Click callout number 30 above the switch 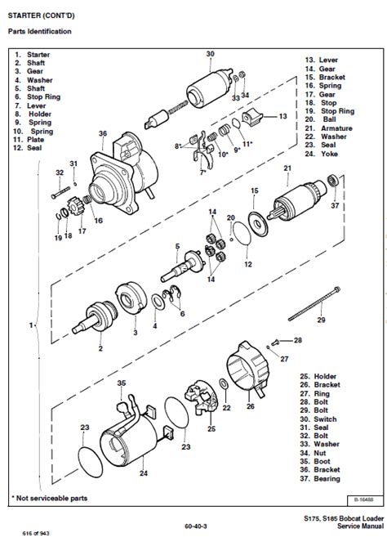coord(210,54)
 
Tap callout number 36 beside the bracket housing coord(103,134)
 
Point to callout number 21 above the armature coord(287,168)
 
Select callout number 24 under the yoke coord(143,472)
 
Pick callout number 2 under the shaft coord(100,348)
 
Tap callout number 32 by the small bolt coord(59,172)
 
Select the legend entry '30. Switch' coord(321,419)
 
